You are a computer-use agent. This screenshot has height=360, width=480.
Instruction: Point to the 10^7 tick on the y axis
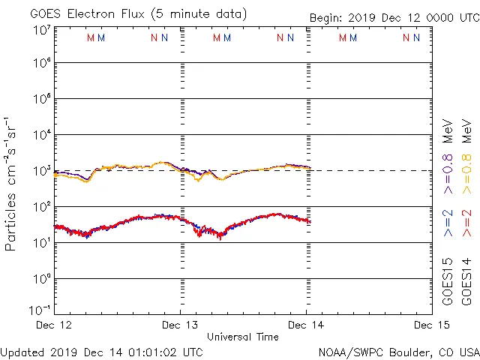click(x=40, y=30)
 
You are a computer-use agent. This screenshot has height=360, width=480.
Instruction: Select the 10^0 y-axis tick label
click(x=40, y=279)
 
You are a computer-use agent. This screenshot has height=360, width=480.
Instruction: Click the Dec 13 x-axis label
click(x=180, y=325)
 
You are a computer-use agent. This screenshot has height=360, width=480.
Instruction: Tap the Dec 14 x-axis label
click(x=306, y=325)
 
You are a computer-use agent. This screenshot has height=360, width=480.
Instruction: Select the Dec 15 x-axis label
click(x=431, y=325)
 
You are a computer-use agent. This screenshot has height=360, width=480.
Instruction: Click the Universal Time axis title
click(x=242, y=337)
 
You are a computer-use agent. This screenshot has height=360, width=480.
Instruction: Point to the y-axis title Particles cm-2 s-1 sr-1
click(x=11, y=184)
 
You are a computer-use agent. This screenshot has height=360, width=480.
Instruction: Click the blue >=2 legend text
click(x=448, y=223)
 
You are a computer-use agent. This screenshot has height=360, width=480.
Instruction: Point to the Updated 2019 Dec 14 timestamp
click(x=101, y=352)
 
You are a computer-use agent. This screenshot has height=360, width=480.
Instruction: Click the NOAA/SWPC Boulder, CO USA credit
click(x=398, y=352)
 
